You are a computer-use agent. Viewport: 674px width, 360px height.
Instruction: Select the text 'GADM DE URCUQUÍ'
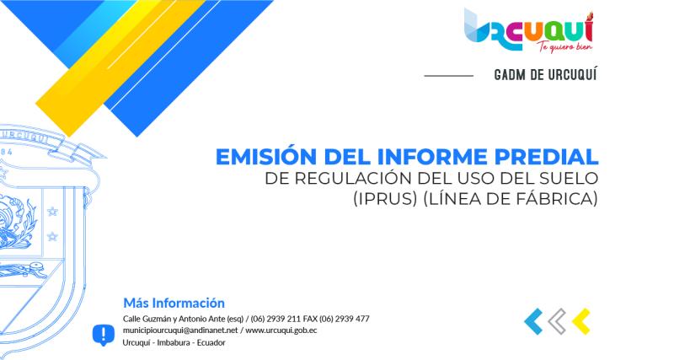pyautogui.click(x=545, y=75)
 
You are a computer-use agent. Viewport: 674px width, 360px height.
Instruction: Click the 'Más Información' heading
pyautogui.click(x=174, y=302)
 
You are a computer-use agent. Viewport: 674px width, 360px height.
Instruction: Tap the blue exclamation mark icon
pyautogui.click(x=103, y=333)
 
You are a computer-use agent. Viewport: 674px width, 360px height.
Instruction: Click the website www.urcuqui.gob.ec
pyautogui.click(x=281, y=330)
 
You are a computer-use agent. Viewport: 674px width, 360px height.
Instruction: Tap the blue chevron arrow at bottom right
pyautogui.click(x=532, y=321)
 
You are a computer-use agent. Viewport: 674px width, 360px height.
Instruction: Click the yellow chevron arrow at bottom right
pyautogui.click(x=580, y=321)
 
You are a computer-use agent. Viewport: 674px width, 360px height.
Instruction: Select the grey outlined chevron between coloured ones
pyautogui.click(x=556, y=321)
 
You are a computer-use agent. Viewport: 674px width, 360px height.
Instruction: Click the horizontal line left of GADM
pyautogui.click(x=448, y=76)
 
